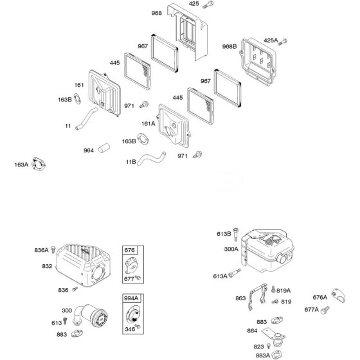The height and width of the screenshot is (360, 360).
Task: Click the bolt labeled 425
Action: tap(208, 4)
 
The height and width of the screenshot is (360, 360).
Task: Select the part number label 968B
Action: tap(229, 46)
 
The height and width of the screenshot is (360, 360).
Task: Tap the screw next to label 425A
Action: tap(282, 42)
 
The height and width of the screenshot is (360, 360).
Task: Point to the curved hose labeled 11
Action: tap(86, 119)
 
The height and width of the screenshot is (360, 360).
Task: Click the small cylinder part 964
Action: tap(104, 148)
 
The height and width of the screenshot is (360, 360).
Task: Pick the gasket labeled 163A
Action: tap(39, 164)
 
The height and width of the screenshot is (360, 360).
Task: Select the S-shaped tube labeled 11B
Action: tap(151, 158)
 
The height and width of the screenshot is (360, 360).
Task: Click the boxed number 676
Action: tap(129, 250)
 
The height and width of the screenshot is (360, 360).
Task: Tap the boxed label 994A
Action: tap(131, 298)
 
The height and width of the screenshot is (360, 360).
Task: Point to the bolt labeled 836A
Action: tap(53, 249)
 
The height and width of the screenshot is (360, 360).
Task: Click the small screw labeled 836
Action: tap(75, 289)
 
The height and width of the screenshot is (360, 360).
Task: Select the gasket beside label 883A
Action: tap(276, 354)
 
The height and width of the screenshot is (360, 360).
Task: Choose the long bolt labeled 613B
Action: tap(235, 234)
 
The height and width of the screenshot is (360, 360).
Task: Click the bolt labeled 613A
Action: tap(235, 273)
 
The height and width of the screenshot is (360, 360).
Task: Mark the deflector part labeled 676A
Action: tap(338, 296)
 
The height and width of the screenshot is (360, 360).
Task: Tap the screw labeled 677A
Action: tap(325, 310)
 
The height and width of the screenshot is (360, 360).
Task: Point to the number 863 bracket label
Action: tap(240, 298)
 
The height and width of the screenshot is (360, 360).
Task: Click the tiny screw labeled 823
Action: tap(269, 346)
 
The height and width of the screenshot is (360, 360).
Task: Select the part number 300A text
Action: tap(231, 249)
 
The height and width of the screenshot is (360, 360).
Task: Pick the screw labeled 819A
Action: tap(273, 289)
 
